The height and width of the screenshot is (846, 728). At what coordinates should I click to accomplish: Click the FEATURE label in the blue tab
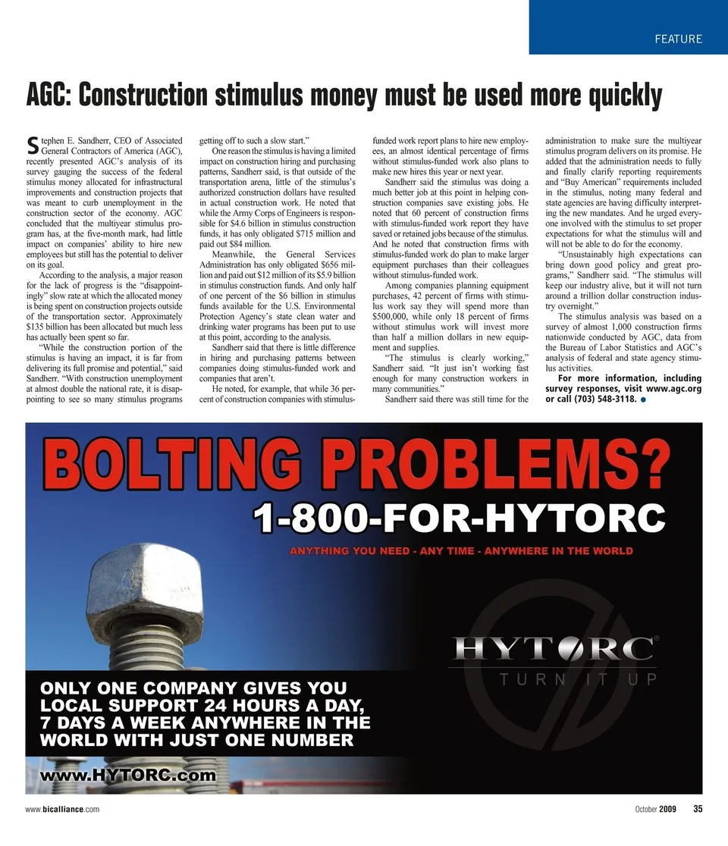tap(679, 39)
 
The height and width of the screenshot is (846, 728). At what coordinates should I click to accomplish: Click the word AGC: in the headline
tap(49, 96)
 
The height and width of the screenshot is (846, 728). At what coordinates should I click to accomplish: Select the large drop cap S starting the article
tap(32, 144)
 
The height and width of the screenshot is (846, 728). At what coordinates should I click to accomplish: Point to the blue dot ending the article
tap(642, 399)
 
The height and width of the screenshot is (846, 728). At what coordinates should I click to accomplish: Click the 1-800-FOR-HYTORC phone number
tap(459, 520)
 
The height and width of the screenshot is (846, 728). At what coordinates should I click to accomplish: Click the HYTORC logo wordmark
tap(554, 649)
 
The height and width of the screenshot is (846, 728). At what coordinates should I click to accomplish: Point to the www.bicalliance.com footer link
tap(62, 809)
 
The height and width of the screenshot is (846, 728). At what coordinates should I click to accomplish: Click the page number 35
tap(697, 809)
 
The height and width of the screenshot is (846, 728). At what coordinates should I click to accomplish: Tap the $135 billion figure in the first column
tap(52, 320)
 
